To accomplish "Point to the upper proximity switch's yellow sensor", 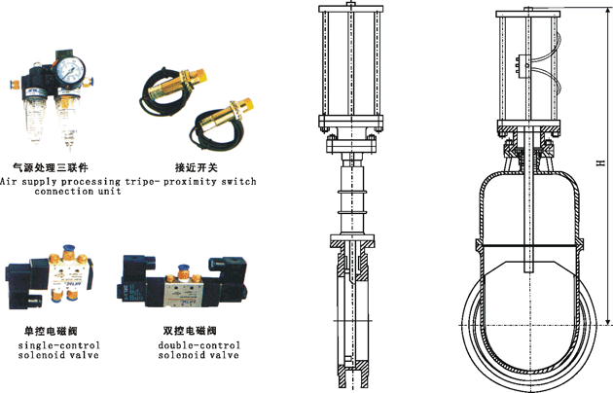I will (x=185, y=74).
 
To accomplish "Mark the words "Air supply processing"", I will (x=61, y=181).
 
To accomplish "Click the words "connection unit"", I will (x=77, y=192).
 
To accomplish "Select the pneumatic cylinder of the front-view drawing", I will (x=529, y=68).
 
